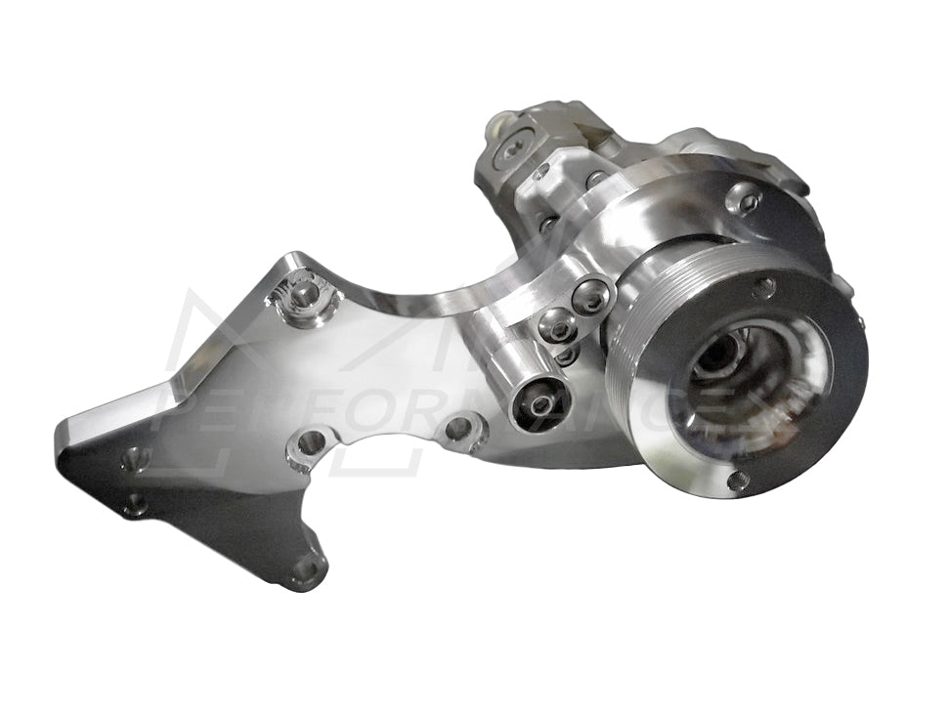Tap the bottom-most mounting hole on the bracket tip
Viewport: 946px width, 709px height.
point(306,568)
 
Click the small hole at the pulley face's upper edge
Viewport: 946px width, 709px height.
point(765,287)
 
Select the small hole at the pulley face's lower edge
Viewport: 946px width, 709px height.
point(739,480)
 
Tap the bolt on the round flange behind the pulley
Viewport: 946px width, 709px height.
point(746,202)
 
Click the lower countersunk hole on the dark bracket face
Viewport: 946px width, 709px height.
point(136,504)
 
